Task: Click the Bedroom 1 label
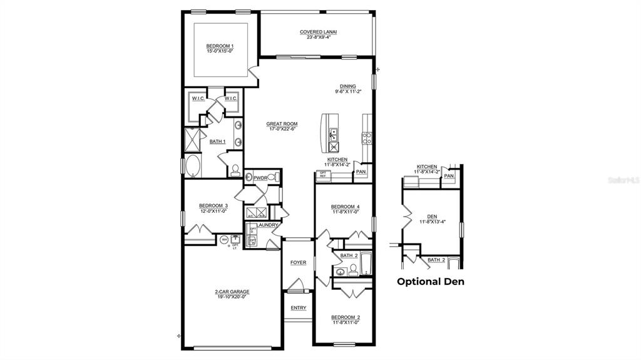[220, 46]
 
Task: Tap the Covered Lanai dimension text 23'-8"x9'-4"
[319, 38]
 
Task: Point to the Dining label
[348, 86]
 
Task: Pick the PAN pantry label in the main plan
[361, 172]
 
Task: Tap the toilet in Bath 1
[235, 169]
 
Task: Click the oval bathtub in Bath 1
[192, 167]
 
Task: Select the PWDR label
[260, 178]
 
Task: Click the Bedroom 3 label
[213, 205]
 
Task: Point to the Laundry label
[267, 224]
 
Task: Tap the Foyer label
[299, 262]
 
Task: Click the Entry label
[299, 307]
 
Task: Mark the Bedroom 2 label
[345, 317]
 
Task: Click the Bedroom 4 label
[345, 207]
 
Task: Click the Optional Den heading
[431, 282]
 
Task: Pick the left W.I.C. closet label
[199, 98]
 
